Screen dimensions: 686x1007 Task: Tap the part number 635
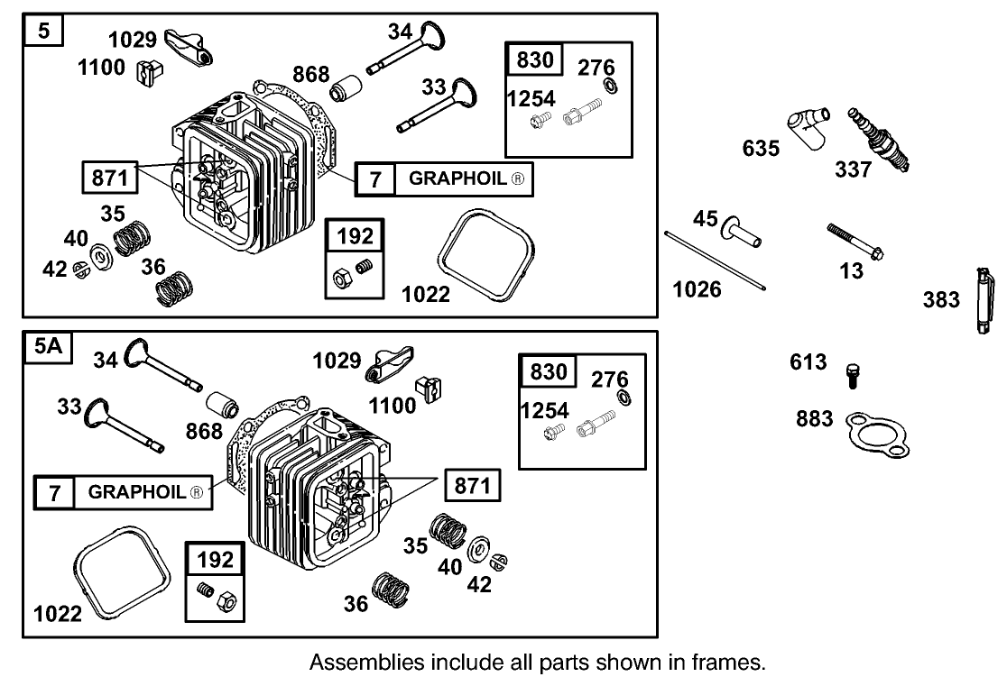click(761, 147)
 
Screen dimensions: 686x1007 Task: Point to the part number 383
click(941, 299)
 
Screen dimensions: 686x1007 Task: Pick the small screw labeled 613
click(851, 375)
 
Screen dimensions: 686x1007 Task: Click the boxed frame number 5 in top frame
click(44, 32)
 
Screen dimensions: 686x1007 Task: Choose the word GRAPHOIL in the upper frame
click(458, 178)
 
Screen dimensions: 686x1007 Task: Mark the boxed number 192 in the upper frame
click(355, 236)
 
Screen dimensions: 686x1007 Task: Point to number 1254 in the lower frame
click(545, 411)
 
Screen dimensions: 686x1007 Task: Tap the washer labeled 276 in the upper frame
click(611, 86)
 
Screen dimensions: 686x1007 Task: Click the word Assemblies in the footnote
click(356, 663)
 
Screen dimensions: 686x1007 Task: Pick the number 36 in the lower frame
click(356, 603)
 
